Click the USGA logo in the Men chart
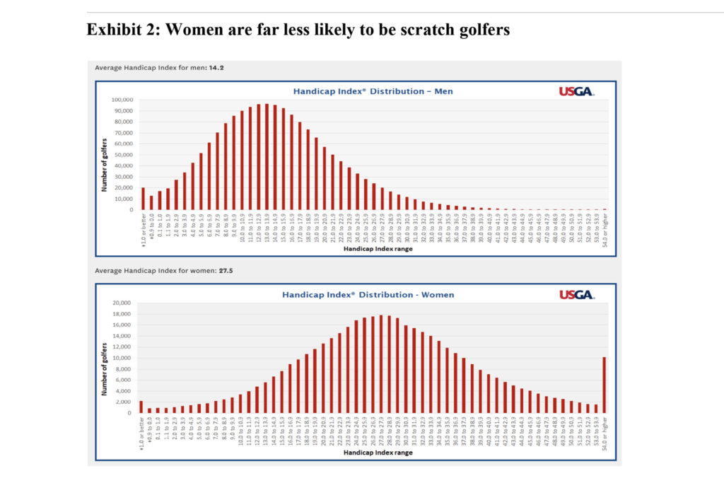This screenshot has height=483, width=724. (x=576, y=91)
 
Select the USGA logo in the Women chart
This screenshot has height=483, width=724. (x=576, y=295)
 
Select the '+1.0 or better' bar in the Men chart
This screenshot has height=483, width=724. (x=143, y=199)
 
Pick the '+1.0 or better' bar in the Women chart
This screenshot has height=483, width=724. (x=141, y=407)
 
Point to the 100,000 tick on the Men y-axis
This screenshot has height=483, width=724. (x=122, y=100)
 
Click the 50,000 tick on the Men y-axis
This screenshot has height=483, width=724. (x=123, y=154)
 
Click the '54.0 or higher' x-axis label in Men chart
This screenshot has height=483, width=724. (x=605, y=228)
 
